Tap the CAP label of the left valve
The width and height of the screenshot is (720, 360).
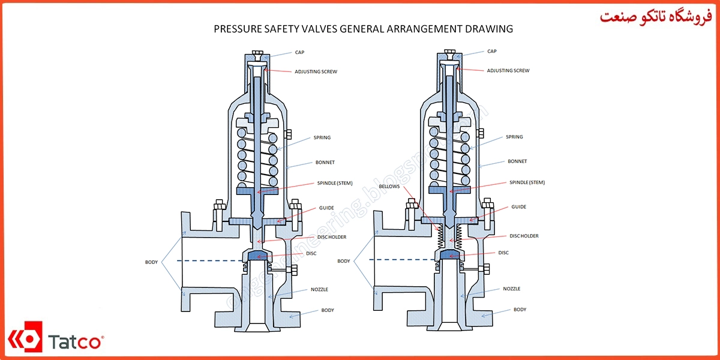tap(299, 52)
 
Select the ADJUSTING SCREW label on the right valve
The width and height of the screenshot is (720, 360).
tap(508, 71)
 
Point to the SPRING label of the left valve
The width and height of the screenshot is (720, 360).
tap(322, 137)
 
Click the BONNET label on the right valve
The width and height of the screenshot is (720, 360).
tap(517, 161)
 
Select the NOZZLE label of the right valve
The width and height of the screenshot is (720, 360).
tap(512, 289)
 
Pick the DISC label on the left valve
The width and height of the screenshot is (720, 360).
tap(311, 253)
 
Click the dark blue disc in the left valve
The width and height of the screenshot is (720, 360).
tap(257, 257)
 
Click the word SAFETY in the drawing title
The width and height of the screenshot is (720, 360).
tap(275, 29)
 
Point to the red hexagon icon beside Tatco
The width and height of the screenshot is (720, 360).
tap(25, 340)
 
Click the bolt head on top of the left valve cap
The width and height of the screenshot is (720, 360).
tap(257, 55)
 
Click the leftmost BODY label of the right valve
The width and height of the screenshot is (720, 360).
tap(344, 261)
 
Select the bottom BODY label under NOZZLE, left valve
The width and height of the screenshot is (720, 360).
tap(327, 310)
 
